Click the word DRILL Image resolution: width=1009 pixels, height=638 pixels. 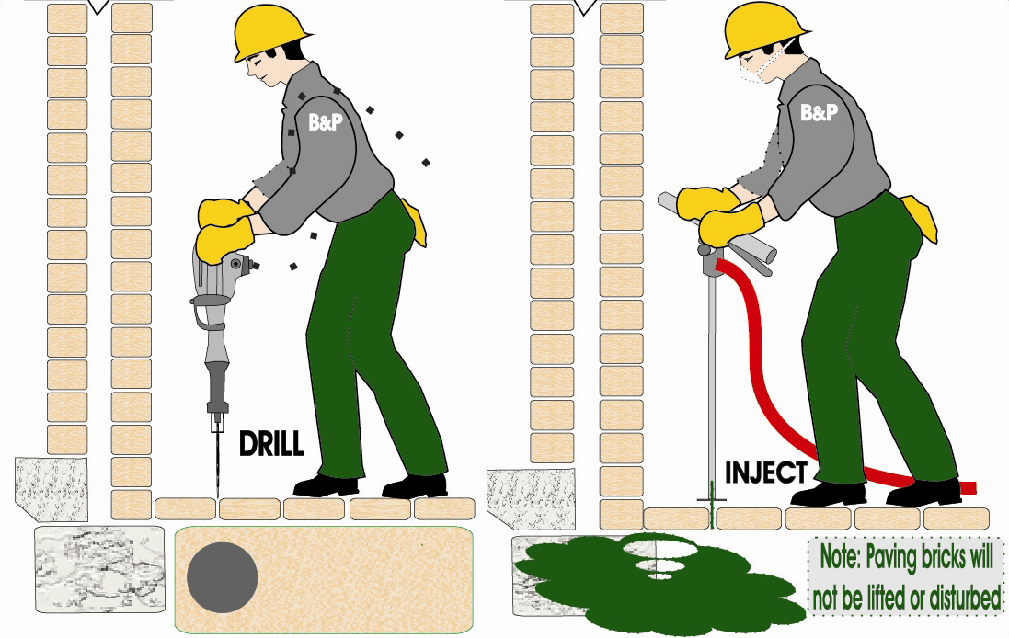click(271, 444)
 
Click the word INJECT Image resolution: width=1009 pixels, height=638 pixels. click(766, 473)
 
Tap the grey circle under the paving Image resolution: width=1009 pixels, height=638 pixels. click(222, 577)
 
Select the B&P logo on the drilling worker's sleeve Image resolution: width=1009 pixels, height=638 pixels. click(327, 122)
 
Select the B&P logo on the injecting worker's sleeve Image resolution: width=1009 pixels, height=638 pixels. click(820, 112)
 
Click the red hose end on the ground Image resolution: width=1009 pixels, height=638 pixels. click(969, 488)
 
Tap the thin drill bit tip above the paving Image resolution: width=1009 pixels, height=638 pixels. click(217, 496)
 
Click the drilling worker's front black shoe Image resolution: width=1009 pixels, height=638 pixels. click(326, 485)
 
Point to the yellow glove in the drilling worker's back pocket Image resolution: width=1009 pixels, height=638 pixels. click(414, 222)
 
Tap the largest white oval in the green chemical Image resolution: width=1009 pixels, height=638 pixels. click(660, 548)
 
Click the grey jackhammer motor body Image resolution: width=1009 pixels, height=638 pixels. click(220, 270)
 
